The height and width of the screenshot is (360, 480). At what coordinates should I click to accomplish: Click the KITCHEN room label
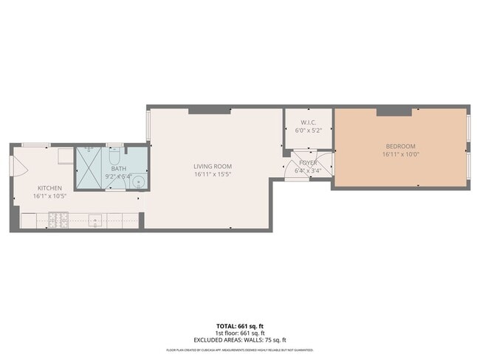coord(49,188)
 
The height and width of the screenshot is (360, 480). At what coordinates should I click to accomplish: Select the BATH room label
coord(119,169)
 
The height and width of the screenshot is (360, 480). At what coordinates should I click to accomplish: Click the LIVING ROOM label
coord(213,166)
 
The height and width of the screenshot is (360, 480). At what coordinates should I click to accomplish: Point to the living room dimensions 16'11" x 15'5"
coord(213,175)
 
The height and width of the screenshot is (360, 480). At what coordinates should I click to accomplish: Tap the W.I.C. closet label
coord(309,122)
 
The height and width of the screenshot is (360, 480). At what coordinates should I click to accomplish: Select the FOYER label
coord(308,162)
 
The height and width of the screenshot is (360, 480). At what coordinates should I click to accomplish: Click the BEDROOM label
coord(400,146)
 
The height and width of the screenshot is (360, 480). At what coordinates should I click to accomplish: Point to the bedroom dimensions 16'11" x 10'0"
coord(400,155)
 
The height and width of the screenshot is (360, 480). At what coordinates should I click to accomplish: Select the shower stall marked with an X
coord(92,167)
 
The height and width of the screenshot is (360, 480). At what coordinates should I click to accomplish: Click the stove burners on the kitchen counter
coord(58,219)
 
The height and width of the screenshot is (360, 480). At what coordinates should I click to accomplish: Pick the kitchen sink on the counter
coord(95,219)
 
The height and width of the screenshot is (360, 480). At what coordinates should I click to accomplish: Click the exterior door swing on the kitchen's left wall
coord(15,165)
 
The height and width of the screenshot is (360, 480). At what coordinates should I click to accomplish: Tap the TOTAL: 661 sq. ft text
coord(239,325)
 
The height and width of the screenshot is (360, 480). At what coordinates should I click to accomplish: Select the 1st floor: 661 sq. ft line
coord(239,332)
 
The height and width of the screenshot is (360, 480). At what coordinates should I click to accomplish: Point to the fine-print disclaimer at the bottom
coord(239,350)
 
